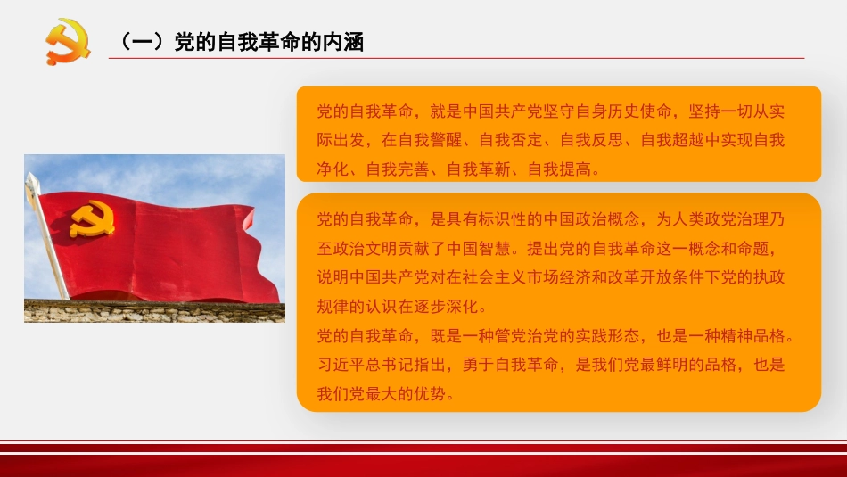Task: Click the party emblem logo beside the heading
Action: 68,42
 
